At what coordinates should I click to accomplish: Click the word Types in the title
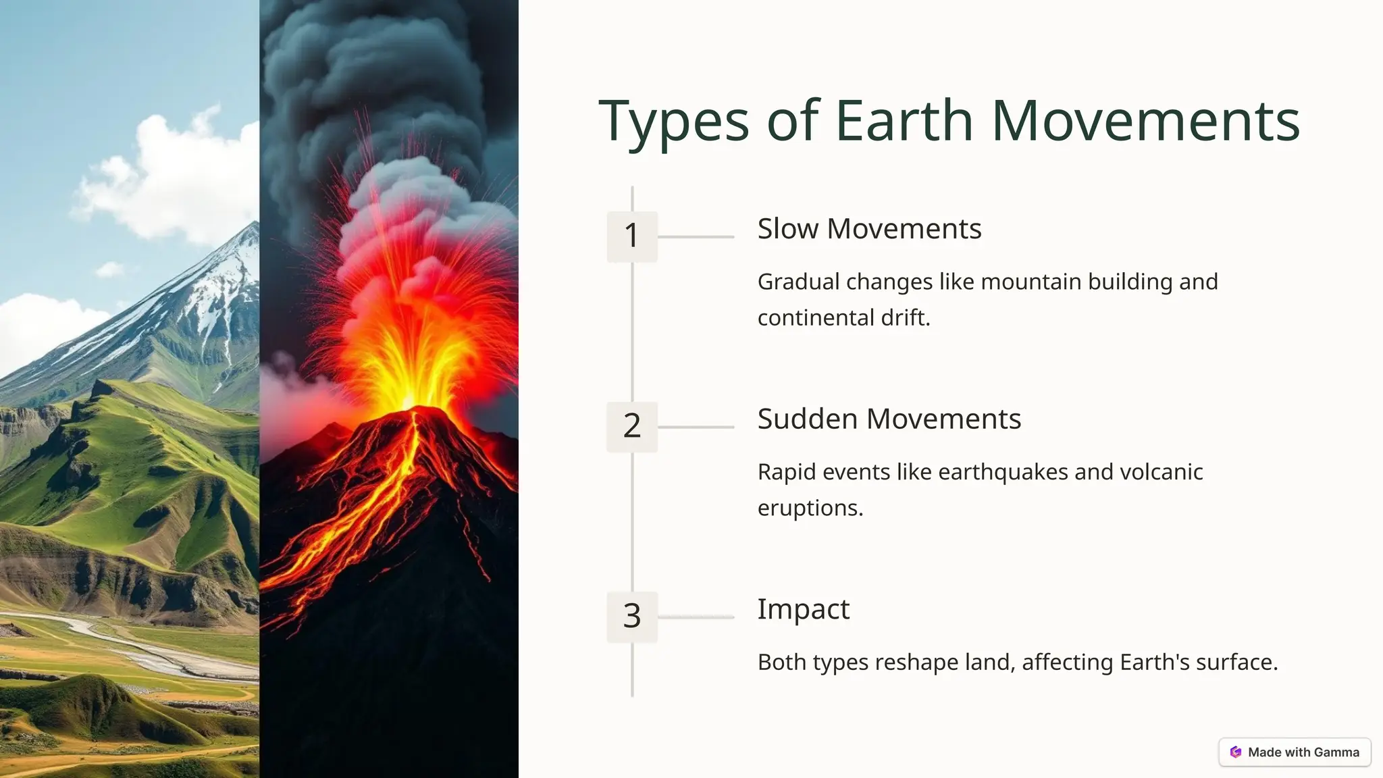click(x=673, y=122)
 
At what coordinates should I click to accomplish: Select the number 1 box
click(x=631, y=236)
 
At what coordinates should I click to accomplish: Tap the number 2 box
click(x=631, y=426)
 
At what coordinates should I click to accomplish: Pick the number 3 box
click(x=631, y=616)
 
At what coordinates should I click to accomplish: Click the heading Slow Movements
click(x=868, y=229)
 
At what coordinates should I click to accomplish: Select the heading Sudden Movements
click(x=889, y=419)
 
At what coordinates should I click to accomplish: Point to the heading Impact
click(x=803, y=609)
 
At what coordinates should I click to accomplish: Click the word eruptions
click(x=810, y=508)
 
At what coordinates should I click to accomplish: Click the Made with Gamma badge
click(x=1295, y=752)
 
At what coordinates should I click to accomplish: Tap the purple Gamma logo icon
click(x=1236, y=752)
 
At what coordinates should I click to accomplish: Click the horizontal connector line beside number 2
click(x=696, y=427)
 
